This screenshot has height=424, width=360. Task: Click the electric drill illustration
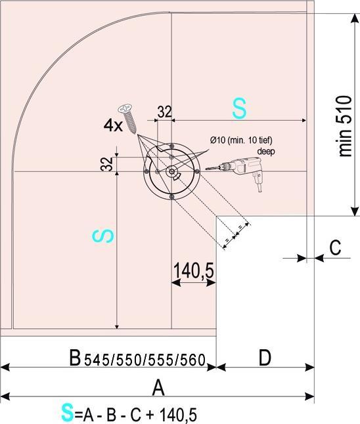[x=239, y=169]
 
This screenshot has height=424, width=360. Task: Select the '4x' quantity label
[x=112, y=125]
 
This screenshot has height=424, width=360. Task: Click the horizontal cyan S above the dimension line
[x=239, y=110]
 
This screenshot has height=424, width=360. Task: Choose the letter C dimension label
[x=334, y=247]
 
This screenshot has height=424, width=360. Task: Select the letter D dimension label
[x=264, y=358]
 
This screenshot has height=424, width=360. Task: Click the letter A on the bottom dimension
[x=158, y=388]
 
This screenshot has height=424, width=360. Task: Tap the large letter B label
[x=76, y=358]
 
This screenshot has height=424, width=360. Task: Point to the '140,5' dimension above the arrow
[x=194, y=270]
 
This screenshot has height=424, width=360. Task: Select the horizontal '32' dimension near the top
[x=164, y=112]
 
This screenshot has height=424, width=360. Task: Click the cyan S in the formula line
[x=66, y=413]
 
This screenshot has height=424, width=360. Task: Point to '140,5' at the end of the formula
[x=178, y=414]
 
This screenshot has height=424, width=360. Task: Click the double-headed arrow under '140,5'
[x=194, y=283]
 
